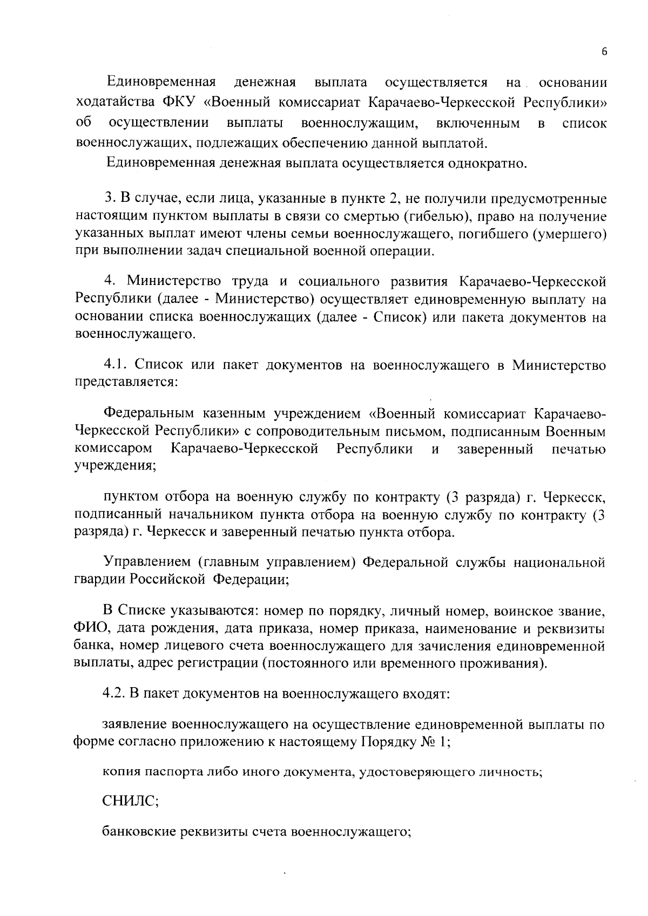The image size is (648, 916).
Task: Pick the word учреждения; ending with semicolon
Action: point(114,465)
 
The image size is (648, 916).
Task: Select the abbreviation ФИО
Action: point(86,629)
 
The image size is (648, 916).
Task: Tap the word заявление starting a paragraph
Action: point(135,725)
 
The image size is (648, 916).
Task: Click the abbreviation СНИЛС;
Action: point(130,802)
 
